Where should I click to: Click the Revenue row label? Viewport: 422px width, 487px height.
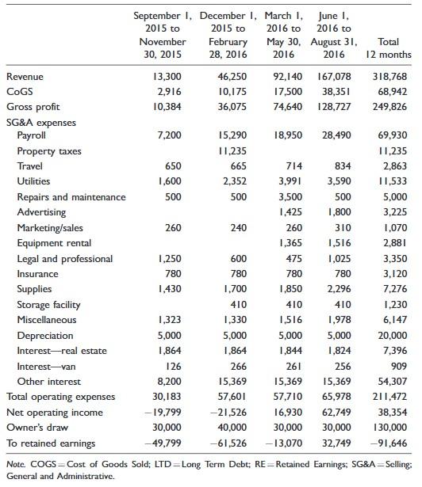[x=25, y=77]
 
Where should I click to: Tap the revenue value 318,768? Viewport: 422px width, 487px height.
[x=395, y=77]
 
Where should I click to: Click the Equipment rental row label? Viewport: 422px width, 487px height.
[x=53, y=243]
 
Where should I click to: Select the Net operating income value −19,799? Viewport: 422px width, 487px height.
[x=165, y=413]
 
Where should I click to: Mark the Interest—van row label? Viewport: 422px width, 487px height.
[x=44, y=367]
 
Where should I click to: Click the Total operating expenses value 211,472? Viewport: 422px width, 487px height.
[x=395, y=397]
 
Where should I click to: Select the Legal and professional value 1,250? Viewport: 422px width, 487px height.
[x=171, y=259]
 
